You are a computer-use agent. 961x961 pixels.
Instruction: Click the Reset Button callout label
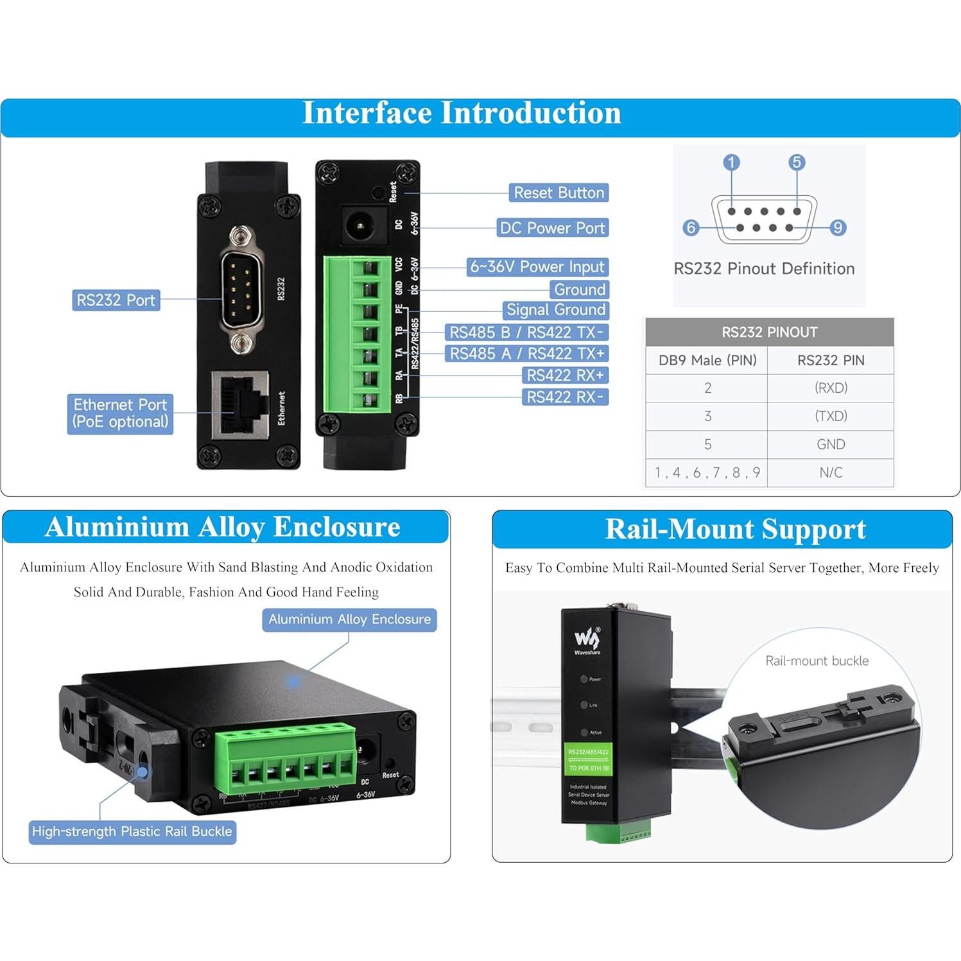558,193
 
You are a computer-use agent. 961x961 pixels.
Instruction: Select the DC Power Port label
552,228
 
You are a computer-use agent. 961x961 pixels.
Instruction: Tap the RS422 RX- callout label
565,397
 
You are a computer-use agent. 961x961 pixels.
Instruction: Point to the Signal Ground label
556,310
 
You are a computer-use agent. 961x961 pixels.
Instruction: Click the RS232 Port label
116,300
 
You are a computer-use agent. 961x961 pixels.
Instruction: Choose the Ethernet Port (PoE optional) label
120,413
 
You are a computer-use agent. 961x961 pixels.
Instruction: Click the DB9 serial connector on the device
240,290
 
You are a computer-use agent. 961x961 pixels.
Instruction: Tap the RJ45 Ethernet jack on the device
241,404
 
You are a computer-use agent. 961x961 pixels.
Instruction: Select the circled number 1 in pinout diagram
731,162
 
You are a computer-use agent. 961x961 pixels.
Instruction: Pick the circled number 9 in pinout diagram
838,228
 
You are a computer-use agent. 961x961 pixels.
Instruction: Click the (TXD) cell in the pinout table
831,416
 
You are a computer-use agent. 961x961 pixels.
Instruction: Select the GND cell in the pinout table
831,444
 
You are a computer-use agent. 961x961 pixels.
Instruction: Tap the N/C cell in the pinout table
831,472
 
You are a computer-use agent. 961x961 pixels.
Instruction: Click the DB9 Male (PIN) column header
707,360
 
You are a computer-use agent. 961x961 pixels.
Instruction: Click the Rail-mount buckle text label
817,661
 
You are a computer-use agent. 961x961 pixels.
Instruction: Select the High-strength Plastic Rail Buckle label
132,831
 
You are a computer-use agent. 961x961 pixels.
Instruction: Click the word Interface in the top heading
367,113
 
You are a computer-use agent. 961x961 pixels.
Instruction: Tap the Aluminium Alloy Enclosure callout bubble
349,619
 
